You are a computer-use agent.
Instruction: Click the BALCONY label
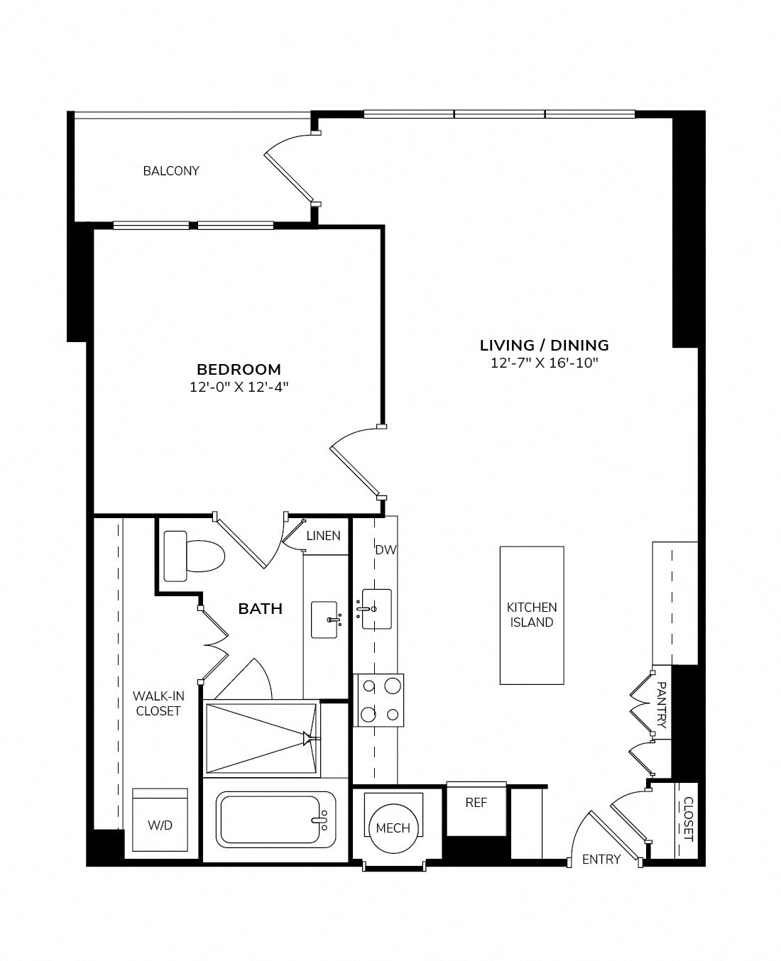click(171, 171)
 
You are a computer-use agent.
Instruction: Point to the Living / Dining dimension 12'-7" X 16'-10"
click(544, 363)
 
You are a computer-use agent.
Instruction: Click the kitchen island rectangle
click(532, 615)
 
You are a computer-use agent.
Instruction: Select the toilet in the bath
click(193, 554)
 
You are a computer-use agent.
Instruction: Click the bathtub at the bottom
click(276, 820)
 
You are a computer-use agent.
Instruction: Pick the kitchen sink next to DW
click(376, 608)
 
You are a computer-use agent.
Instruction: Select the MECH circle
click(393, 828)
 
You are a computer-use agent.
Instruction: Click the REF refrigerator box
click(476, 803)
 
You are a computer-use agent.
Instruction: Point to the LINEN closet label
click(323, 536)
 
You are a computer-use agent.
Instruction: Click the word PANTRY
click(661, 705)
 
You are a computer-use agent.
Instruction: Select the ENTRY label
click(601, 860)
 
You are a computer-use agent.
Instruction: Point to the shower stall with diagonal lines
click(261, 738)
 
